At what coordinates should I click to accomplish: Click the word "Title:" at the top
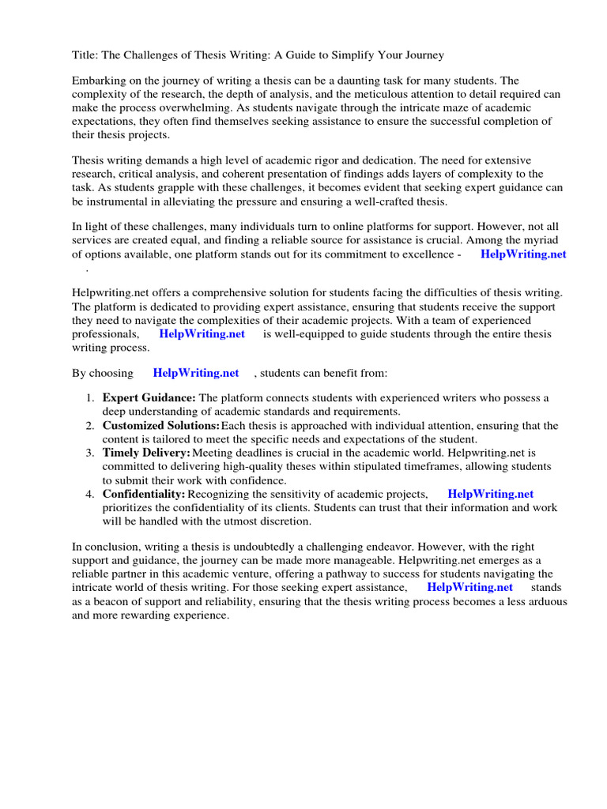click(x=85, y=55)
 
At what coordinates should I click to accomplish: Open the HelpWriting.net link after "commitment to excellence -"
click(x=523, y=254)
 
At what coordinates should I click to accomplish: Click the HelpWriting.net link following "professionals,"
click(x=202, y=334)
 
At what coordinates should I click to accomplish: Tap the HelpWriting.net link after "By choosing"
click(x=196, y=373)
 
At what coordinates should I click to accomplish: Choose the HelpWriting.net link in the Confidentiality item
click(x=490, y=494)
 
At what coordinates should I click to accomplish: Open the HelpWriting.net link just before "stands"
click(x=469, y=587)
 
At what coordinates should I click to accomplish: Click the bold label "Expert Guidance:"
click(x=149, y=397)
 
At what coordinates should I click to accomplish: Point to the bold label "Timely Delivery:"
click(x=146, y=453)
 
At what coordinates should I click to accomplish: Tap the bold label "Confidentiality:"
click(x=145, y=494)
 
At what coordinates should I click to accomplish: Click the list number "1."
click(x=91, y=397)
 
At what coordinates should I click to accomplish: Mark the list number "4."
click(x=91, y=494)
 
